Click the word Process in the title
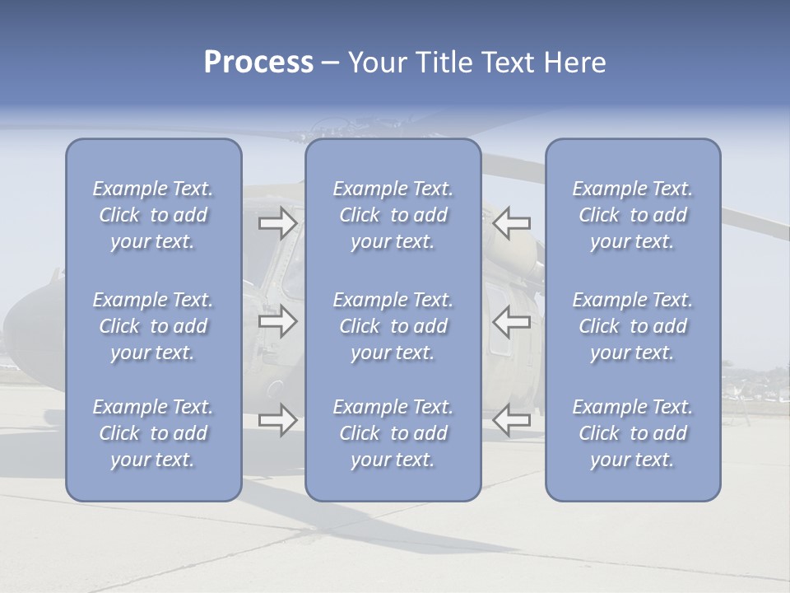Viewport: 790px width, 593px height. [258, 63]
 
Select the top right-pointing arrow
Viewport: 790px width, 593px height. [277, 223]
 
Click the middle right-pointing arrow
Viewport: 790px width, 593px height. [277, 321]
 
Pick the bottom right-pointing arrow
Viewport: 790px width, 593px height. [277, 420]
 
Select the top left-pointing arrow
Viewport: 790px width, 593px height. [511, 223]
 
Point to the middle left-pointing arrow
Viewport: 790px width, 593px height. [511, 321]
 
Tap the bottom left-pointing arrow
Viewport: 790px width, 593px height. [511, 420]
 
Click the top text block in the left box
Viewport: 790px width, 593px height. [153, 215]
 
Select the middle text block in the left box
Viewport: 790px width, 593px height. [153, 326]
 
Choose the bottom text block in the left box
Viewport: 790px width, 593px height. [153, 433]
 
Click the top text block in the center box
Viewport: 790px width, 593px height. [393, 215]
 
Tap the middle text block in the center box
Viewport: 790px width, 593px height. [393, 326]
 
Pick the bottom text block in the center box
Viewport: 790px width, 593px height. [393, 433]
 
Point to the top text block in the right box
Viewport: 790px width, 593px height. [632, 215]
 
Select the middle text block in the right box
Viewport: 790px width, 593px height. [632, 326]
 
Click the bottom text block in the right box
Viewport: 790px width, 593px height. [632, 433]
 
